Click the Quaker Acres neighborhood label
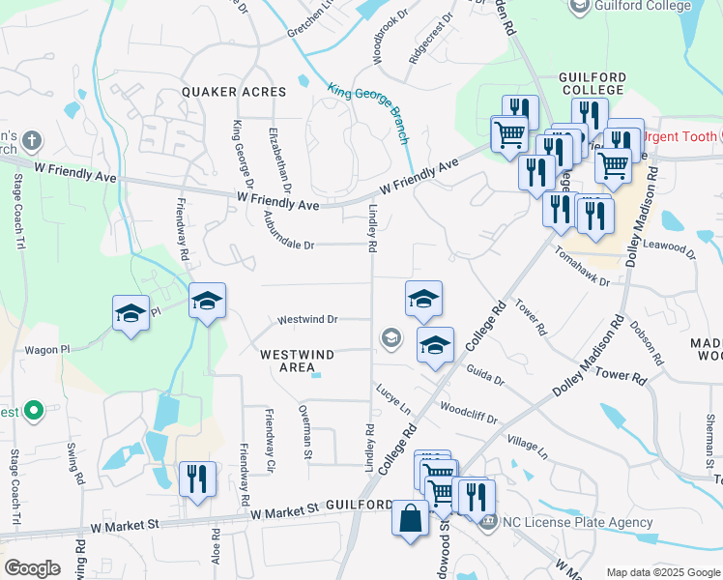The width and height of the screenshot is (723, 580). [x=235, y=92]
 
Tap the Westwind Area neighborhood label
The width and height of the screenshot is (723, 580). [x=289, y=361]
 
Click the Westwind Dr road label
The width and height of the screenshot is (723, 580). [x=306, y=319]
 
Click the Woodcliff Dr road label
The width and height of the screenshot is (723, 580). [x=468, y=414]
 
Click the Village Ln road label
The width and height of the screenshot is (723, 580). [x=527, y=447]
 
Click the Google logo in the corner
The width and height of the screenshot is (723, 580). [x=32, y=568]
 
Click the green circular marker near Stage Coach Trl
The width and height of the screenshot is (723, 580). [x=33, y=412]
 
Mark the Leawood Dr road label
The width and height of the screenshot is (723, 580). [x=668, y=248]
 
